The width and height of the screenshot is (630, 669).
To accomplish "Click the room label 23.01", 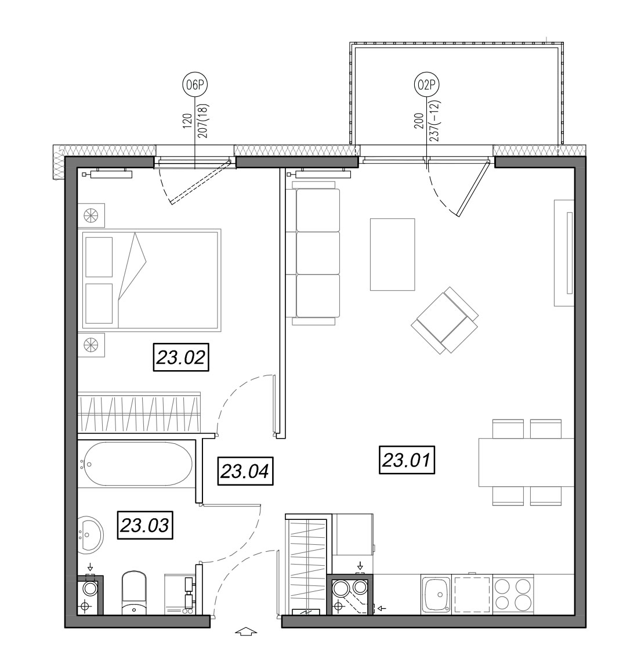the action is coord(407,460).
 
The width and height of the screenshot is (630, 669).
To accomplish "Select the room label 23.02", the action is coord(181,357).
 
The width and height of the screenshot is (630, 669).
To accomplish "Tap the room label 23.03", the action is coord(145,525).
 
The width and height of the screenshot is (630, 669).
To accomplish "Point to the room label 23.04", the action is coord(245,471).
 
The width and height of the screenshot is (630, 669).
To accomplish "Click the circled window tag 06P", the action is coord(195,85).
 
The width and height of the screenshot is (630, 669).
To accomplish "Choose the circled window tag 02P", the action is coord(426,85).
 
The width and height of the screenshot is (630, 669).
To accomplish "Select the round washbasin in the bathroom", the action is coord(90,533).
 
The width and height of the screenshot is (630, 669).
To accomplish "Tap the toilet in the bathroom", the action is coord(134,593).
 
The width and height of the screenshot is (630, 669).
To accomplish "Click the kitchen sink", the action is coord(436,594).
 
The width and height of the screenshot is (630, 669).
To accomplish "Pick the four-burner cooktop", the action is coord(513,594).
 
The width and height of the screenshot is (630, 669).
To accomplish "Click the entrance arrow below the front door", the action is coord(246,631).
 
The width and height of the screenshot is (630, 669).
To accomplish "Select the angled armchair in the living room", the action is coord(444,320).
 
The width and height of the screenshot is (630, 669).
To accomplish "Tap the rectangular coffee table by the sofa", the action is coord(392,254).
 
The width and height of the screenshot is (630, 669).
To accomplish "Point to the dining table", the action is coord(526,462).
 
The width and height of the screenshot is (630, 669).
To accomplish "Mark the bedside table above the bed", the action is coord(91,215).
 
